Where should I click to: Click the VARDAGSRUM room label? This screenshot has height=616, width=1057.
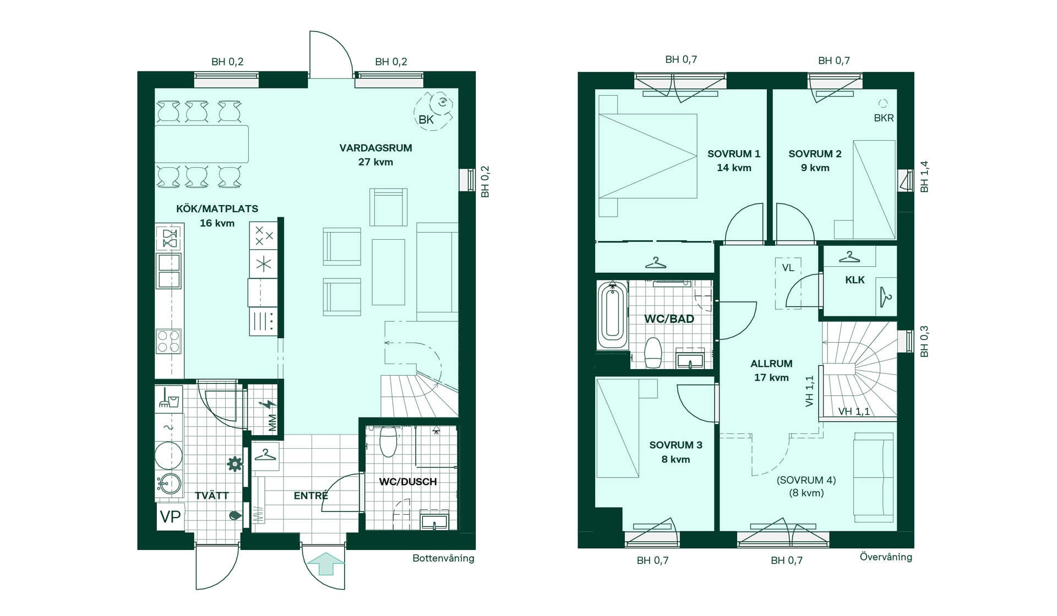click(375, 148)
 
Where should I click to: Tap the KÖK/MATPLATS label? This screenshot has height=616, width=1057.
click(217, 208)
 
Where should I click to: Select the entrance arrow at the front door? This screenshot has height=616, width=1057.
click(325, 564)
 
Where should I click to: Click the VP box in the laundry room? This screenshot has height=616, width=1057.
click(170, 516)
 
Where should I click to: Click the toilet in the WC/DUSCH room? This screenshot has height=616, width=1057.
click(388, 442)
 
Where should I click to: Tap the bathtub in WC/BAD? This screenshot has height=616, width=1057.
click(612, 315)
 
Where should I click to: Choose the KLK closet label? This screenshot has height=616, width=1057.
click(854, 280)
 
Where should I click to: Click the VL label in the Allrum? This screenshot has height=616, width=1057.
click(788, 268)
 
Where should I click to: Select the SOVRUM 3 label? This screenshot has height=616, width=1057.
click(675, 445)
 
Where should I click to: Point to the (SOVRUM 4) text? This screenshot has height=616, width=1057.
click(806, 480)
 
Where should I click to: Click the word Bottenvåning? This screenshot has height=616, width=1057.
click(443, 558)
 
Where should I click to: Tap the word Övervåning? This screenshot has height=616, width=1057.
click(886, 557)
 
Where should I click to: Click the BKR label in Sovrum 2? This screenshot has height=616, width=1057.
click(884, 118)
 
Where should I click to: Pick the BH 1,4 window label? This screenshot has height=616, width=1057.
click(924, 177)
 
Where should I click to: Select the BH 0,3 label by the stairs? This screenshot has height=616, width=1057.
click(924, 342)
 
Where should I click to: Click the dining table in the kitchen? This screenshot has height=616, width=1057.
click(201, 144)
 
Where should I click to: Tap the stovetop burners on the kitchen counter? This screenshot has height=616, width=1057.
click(168, 341)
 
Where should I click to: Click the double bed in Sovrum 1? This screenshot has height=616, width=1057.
click(648, 156)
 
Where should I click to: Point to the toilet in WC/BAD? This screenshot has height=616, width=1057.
click(653, 353)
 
